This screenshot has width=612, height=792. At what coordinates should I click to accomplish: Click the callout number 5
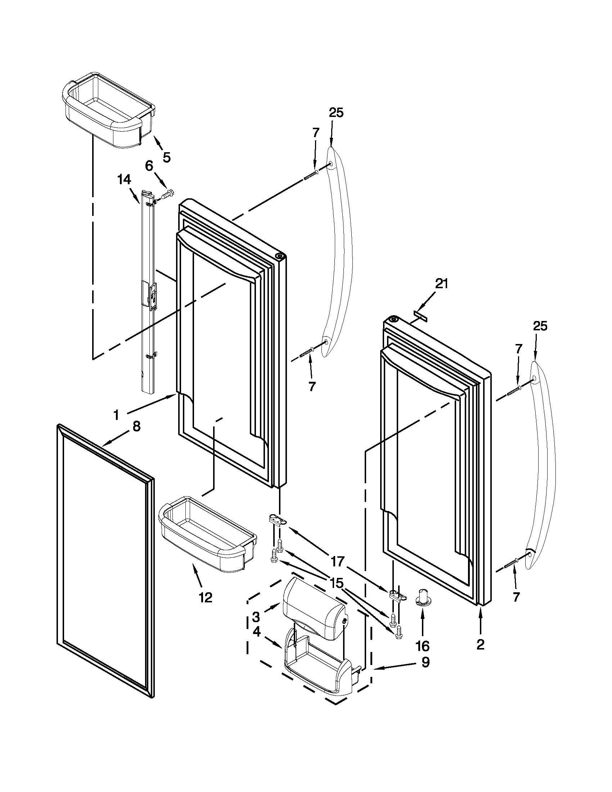pyautogui.click(x=166, y=157)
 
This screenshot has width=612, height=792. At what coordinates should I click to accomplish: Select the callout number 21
pyautogui.click(x=441, y=284)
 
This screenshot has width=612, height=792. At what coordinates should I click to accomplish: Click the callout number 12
pyautogui.click(x=205, y=597)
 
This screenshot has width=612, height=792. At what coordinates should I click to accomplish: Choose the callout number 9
pyautogui.click(x=426, y=662)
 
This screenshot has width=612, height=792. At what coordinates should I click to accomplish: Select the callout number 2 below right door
pyautogui.click(x=480, y=644)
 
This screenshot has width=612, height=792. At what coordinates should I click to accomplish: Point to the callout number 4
pyautogui.click(x=256, y=632)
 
